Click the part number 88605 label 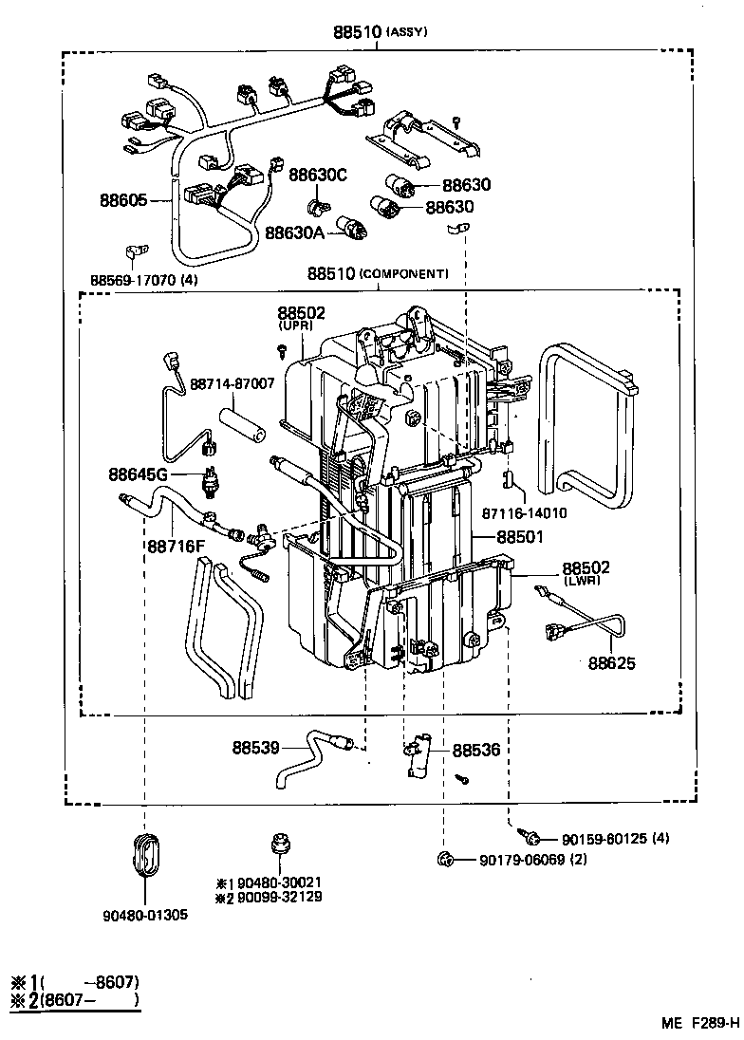123,200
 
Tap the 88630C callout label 318,175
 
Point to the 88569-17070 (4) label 144,280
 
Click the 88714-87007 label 232,384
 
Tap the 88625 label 612,663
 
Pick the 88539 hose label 255,748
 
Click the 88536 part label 475,750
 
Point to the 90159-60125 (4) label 615,839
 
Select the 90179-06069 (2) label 534,860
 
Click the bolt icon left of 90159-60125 532,837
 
